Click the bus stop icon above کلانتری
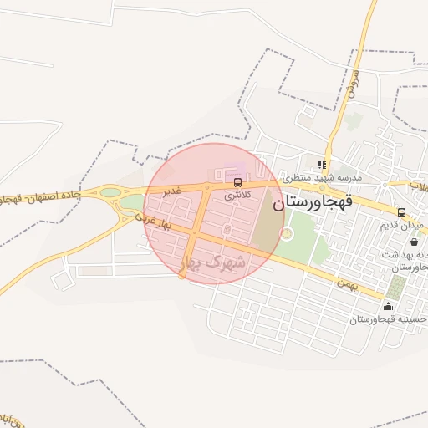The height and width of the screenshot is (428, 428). click(238, 182)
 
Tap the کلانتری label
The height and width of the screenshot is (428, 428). click(237, 195)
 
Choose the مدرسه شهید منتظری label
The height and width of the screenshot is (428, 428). click(321, 177)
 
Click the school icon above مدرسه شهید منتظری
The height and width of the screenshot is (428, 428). click(323, 164)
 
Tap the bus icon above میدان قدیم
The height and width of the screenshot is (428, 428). click(401, 212)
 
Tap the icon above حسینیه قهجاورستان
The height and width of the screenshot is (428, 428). click(386, 307)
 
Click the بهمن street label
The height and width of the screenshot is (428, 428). click(348, 283)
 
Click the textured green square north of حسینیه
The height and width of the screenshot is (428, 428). click(396, 288)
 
